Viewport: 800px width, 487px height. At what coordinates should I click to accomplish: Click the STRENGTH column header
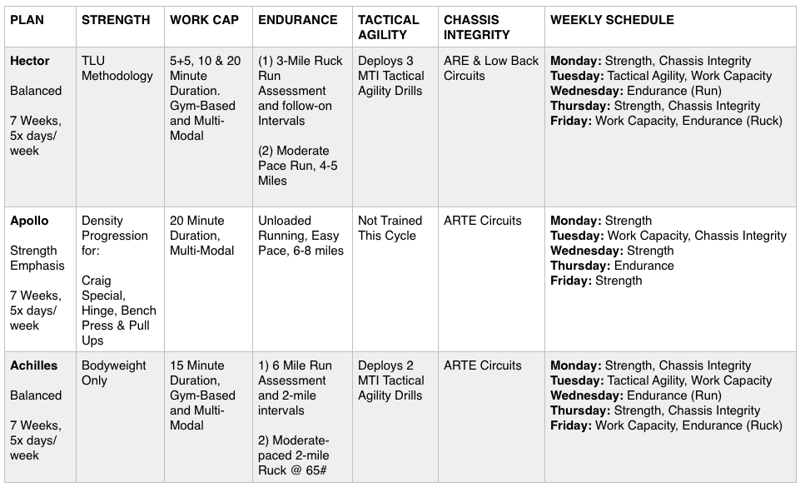click(116, 20)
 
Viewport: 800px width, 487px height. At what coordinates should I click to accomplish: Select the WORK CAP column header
click(204, 20)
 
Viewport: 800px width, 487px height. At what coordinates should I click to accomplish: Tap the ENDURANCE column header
click(298, 20)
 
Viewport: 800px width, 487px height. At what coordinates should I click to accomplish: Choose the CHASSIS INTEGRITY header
click(476, 27)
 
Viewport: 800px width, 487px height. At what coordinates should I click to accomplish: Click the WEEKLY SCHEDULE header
click(612, 20)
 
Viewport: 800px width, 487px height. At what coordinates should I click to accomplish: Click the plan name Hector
click(30, 61)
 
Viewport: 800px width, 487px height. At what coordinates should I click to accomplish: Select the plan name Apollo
click(29, 221)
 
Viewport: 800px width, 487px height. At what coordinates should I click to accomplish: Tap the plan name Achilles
click(33, 365)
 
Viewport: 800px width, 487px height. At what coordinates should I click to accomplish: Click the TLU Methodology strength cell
click(117, 68)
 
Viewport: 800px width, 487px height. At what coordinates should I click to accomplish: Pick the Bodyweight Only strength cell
click(114, 373)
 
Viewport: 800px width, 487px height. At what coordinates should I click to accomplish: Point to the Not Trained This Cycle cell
click(390, 228)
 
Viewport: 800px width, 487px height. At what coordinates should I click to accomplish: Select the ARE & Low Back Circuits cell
click(491, 68)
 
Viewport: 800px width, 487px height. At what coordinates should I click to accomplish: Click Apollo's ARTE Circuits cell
click(483, 221)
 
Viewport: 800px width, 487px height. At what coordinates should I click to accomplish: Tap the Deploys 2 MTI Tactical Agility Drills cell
click(391, 380)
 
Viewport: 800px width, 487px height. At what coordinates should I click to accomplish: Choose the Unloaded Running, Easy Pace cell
click(301, 236)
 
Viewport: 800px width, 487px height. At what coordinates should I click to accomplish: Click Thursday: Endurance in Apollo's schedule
click(612, 266)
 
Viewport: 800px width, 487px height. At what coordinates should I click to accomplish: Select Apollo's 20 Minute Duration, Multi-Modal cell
click(198, 228)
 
